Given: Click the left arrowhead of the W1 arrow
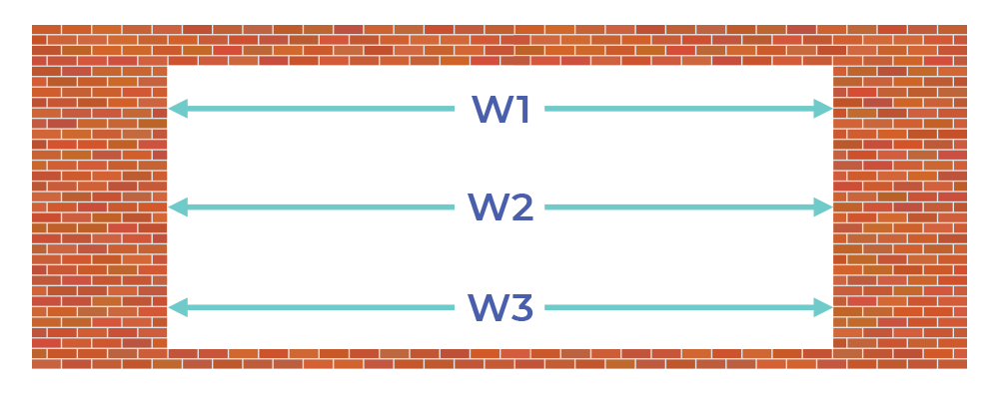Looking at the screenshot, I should [178, 109].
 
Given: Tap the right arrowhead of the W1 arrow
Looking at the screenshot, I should [823, 109].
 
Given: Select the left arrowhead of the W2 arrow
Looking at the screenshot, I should [178, 207].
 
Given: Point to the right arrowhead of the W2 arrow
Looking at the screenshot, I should [823, 207].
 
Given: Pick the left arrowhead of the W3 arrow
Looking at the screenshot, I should [178, 307].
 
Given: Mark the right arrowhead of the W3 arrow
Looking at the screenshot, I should [823, 307].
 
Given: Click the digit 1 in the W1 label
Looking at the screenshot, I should [520, 110].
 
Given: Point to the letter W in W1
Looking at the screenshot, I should [490, 110].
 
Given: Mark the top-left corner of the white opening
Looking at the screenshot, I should [168, 66].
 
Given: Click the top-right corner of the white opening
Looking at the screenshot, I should [833, 66].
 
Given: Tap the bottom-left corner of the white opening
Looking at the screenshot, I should [168, 349].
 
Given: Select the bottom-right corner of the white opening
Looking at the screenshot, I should [833, 349].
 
